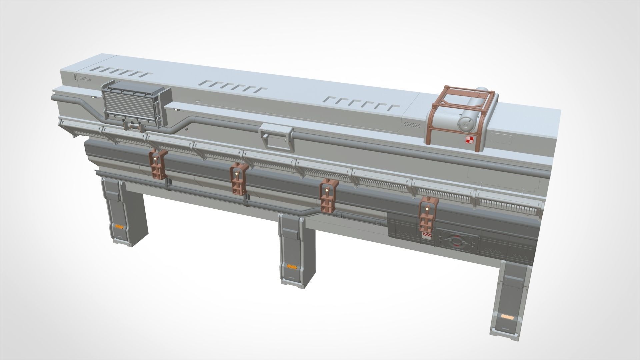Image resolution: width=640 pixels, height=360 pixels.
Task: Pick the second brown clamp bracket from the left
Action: pos(239,179)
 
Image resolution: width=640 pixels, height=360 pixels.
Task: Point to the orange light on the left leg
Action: pos(119,226)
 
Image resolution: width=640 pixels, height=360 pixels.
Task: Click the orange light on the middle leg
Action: pos(293,266)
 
